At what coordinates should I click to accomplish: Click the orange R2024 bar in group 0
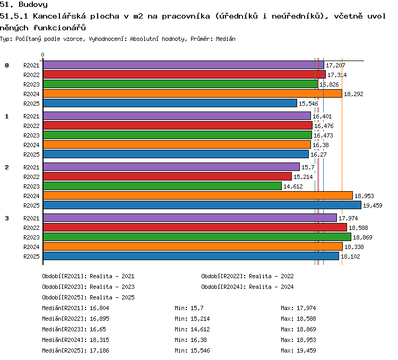click(x=193, y=93)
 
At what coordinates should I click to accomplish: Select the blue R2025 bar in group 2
click(x=202, y=205)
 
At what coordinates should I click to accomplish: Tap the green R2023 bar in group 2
click(x=162, y=186)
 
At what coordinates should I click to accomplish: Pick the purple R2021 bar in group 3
click(x=190, y=218)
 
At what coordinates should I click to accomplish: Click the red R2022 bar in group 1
click(x=178, y=125)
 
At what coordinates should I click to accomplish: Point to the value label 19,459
click(x=373, y=205)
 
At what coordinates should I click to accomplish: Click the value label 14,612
click(x=293, y=186)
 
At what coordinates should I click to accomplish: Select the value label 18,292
click(x=353, y=94)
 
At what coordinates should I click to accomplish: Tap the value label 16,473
click(x=323, y=135)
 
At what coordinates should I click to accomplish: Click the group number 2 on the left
click(x=7, y=167)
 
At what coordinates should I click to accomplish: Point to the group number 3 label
click(x=7, y=218)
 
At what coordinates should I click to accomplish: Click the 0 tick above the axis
click(x=42, y=55)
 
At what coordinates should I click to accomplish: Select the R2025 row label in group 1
click(x=31, y=155)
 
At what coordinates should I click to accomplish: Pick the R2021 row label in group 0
click(x=31, y=65)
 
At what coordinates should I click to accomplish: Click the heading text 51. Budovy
click(x=23, y=4)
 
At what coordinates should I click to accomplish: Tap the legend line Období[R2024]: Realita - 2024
click(x=247, y=287)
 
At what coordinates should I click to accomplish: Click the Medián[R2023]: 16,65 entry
click(x=74, y=329)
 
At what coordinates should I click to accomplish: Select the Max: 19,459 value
click(x=298, y=350)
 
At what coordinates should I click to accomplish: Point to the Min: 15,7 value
click(x=189, y=308)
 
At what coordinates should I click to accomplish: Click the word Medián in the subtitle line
click(x=226, y=39)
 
